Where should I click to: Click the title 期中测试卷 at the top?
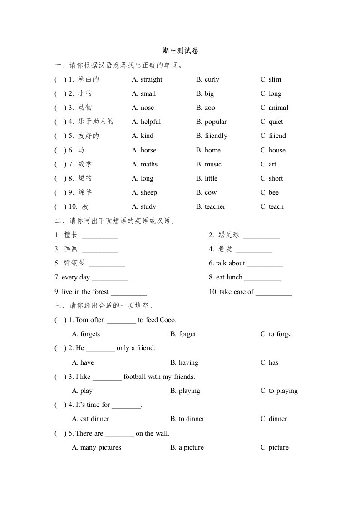[180, 51]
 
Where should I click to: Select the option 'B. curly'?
[207, 79]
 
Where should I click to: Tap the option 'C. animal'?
[274, 108]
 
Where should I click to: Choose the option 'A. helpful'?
[146, 122]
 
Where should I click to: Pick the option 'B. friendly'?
[212, 136]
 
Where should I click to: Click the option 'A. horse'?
[144, 150]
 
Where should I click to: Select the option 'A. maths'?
[145, 164]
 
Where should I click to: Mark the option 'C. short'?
[271, 178]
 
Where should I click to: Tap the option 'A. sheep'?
[144, 192]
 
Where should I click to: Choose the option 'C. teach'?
[272, 206]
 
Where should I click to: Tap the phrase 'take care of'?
[237, 292]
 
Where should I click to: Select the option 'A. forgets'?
[86, 334]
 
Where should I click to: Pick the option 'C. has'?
[269, 362]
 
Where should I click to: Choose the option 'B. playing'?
[185, 391]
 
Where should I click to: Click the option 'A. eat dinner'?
[91, 419]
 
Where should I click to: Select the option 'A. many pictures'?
[97, 447]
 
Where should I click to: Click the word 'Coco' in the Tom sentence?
[167, 320]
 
